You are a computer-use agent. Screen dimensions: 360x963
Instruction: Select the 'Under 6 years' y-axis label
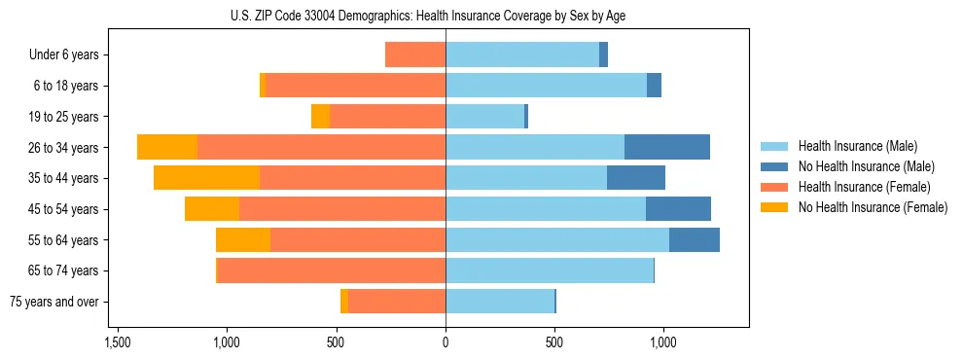pos(64,54)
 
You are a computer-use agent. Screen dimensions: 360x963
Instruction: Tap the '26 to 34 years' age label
pos(63,148)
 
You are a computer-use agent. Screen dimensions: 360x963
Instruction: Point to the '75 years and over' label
pos(54,302)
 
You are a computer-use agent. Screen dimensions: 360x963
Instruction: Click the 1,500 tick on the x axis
pos(118,342)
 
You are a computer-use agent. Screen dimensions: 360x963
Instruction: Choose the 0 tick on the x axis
pos(446,342)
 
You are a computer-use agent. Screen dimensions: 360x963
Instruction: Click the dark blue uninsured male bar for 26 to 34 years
pos(666,147)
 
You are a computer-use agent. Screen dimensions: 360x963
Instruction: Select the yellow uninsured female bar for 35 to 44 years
pos(206,178)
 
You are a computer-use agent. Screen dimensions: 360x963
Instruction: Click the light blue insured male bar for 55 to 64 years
pos(557,239)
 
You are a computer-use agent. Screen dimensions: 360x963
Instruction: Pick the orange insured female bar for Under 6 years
pos(415,54)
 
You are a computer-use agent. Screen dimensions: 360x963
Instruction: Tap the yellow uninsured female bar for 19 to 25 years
pos(320,116)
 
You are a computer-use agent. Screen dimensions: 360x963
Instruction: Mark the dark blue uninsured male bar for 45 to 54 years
pos(678,208)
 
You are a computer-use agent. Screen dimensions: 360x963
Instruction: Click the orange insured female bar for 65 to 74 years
pos(331,270)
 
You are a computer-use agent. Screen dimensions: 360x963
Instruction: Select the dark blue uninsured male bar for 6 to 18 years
pos(654,86)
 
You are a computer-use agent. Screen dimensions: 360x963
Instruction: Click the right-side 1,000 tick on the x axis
pos(663,342)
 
